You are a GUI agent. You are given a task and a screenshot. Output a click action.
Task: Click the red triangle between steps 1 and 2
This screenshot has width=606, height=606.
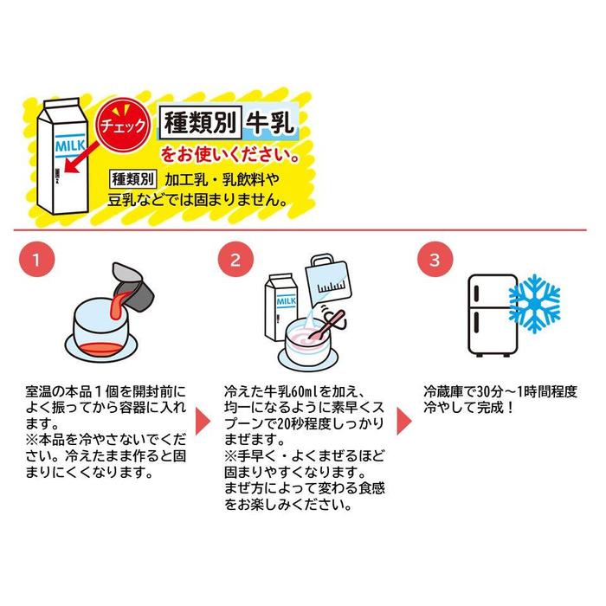point(202,419)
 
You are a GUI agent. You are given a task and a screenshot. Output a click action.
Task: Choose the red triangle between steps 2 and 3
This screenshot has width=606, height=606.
point(404,419)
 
